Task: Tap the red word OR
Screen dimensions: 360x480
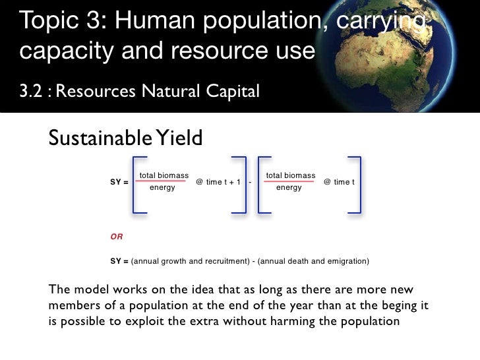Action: point(116,235)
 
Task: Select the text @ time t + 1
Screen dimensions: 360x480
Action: point(218,181)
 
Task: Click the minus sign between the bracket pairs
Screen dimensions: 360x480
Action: point(251,181)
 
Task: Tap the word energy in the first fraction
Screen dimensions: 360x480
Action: point(162,188)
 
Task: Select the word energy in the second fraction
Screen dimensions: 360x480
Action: point(289,188)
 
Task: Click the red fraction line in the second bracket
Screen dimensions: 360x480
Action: point(290,181)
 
